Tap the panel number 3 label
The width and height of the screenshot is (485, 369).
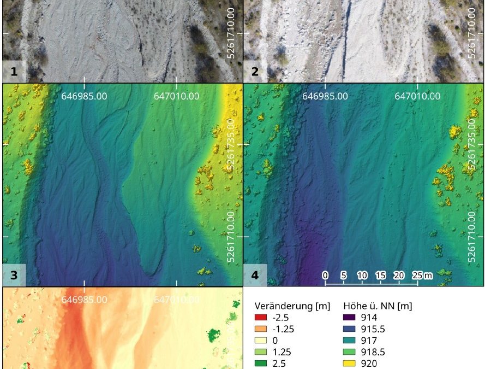click(x=13, y=275)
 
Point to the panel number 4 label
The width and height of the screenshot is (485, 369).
click(x=254, y=275)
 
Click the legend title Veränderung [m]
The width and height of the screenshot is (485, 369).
click(x=292, y=306)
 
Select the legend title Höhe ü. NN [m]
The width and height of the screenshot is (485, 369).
click(x=378, y=306)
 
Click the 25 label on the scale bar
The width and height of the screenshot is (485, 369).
click(x=416, y=275)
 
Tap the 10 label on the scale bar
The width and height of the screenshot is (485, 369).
click(x=362, y=275)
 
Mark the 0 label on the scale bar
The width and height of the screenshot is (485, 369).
click(x=325, y=275)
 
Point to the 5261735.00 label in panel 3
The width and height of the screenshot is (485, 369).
click(x=231, y=144)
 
